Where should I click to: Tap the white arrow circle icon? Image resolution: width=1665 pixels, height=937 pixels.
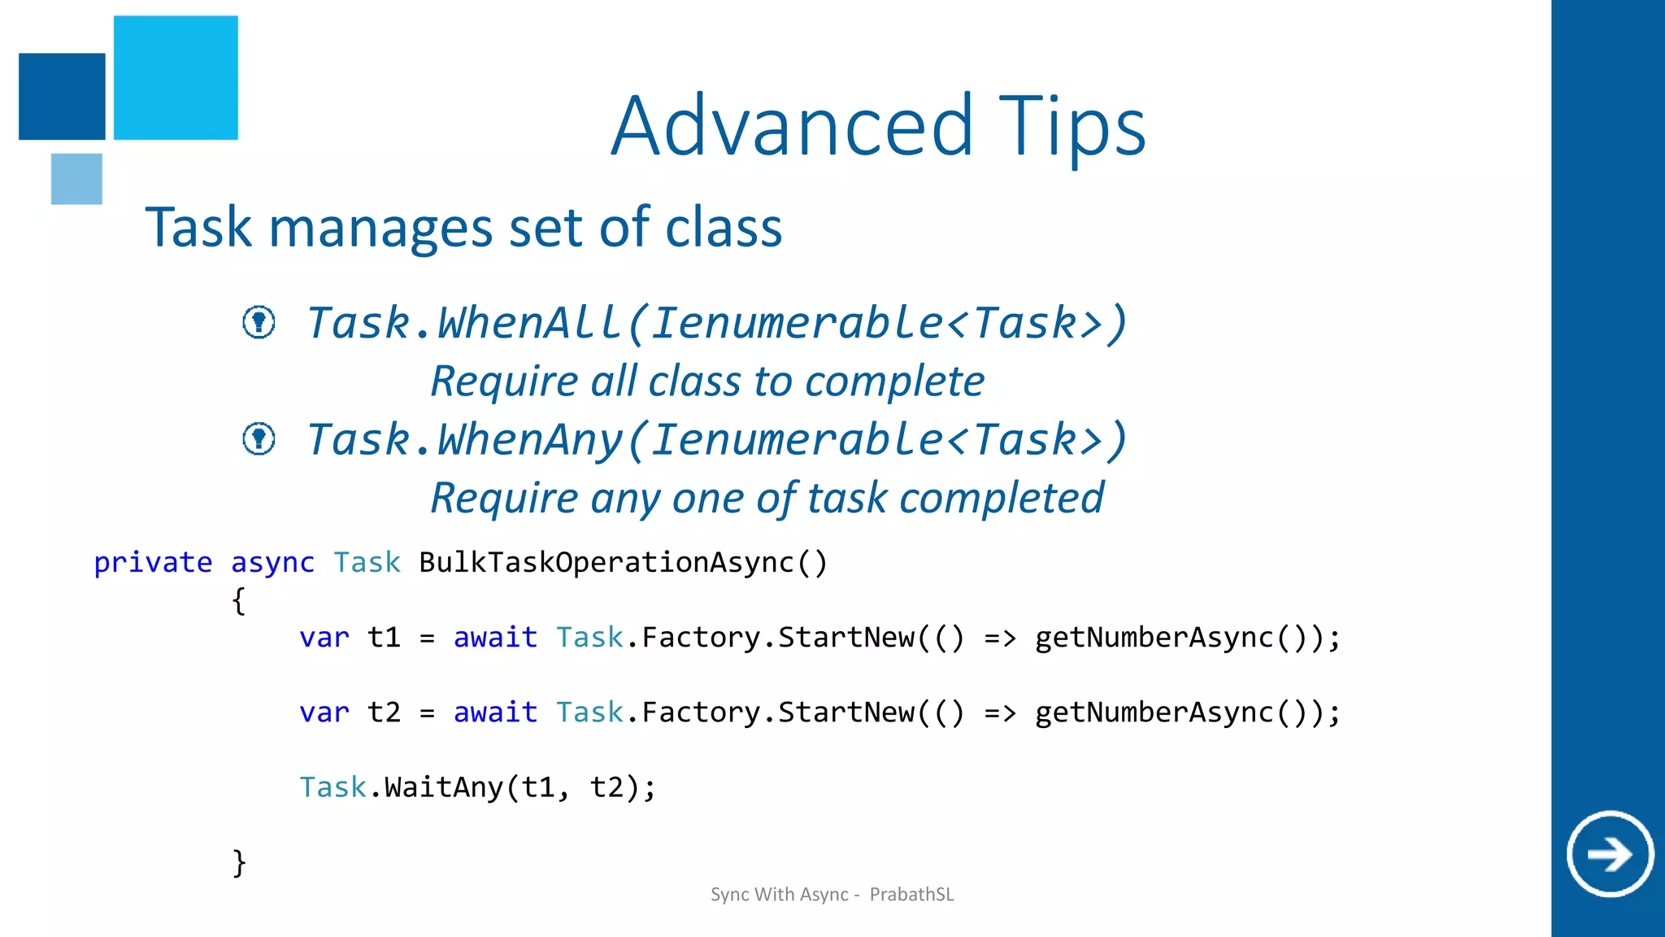pyautogui.click(x=1610, y=853)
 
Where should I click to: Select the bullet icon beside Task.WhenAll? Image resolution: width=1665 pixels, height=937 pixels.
pyautogui.click(x=259, y=322)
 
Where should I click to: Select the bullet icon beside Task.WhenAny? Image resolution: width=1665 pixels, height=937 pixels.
pyautogui.click(x=259, y=439)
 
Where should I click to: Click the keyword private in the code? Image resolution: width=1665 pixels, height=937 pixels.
pyautogui.click(x=153, y=562)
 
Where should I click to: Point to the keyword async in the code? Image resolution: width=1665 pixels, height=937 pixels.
pyautogui.click(x=272, y=562)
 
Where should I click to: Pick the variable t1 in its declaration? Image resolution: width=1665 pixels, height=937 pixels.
pyautogui.click(x=384, y=637)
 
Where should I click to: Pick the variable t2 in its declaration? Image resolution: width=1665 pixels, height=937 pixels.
pyautogui.click(x=384, y=712)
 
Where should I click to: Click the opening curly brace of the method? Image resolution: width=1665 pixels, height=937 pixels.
pyautogui.click(x=238, y=601)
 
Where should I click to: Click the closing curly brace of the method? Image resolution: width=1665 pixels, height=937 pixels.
pyautogui.click(x=238, y=862)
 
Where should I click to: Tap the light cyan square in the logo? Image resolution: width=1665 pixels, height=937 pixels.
pyautogui.click(x=176, y=77)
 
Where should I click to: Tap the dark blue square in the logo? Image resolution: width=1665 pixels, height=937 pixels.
pyautogui.click(x=62, y=96)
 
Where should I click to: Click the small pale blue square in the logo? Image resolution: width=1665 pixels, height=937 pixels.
pyautogui.click(x=76, y=179)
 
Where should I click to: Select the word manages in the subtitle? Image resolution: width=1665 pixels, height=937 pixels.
pyautogui.click(x=380, y=228)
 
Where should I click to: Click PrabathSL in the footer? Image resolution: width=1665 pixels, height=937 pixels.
pyautogui.click(x=911, y=895)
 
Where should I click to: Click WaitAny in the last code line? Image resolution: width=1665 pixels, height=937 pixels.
pyautogui.click(x=444, y=787)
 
